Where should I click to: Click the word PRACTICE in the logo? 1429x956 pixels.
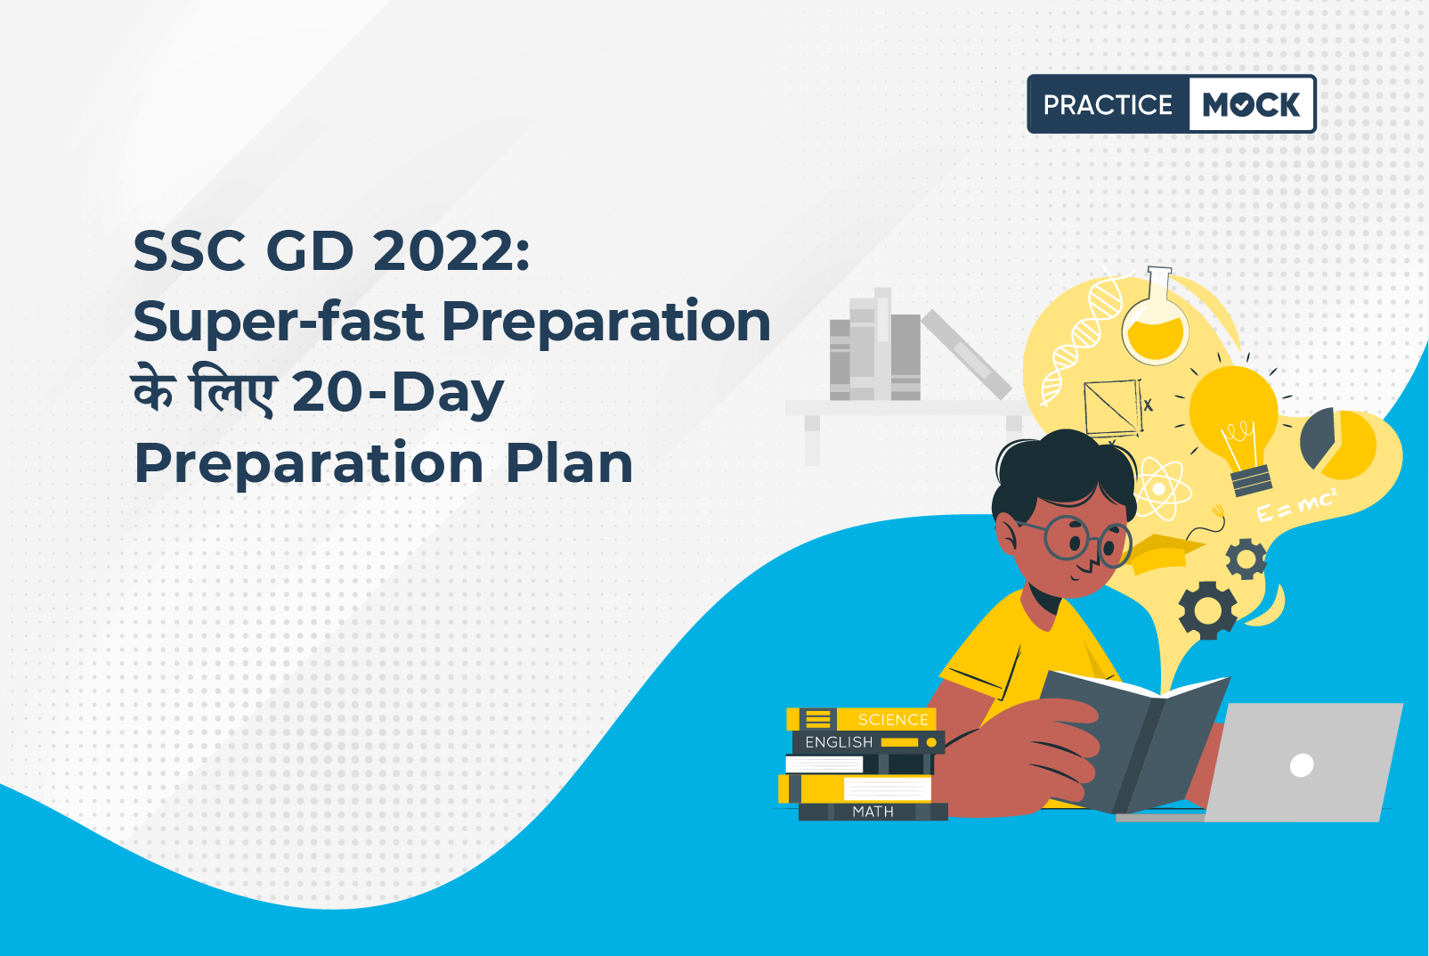[x=1108, y=104]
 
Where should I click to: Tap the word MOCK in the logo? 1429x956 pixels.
[x=1251, y=104]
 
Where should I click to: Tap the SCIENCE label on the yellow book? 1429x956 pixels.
[x=893, y=720]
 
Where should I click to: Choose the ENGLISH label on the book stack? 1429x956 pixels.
[x=839, y=742]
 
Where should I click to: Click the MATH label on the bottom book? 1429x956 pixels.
[x=873, y=812]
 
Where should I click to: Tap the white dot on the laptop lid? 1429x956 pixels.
[x=1302, y=764]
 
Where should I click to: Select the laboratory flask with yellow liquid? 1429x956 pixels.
[x=1156, y=319]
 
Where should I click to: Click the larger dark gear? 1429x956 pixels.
[x=1207, y=610]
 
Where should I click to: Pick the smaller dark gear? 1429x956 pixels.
[x=1246, y=559]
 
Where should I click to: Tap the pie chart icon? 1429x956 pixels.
[x=1337, y=445]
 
